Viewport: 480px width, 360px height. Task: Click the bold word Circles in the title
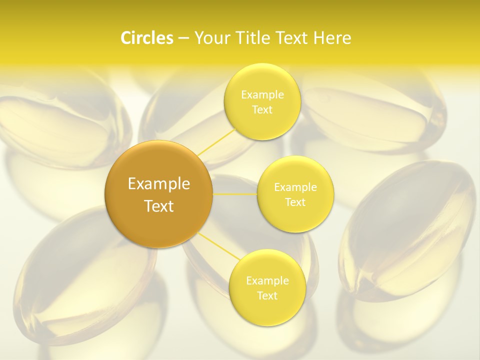click(147, 38)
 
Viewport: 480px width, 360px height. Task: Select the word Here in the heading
click(332, 38)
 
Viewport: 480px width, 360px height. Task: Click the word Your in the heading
click(210, 38)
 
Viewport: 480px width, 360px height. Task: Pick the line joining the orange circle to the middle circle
click(234, 194)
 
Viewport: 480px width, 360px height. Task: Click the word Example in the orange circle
click(158, 184)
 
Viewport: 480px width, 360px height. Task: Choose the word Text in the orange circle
click(158, 206)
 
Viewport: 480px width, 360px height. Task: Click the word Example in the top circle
click(262, 95)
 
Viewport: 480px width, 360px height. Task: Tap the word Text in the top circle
click(262, 110)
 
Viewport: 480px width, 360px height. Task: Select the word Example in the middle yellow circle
click(295, 187)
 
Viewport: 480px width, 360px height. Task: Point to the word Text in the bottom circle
click(267, 296)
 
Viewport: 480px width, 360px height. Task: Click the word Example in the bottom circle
click(267, 281)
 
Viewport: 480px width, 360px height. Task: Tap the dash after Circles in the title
click(183, 38)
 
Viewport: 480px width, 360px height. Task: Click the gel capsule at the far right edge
click(407, 230)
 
